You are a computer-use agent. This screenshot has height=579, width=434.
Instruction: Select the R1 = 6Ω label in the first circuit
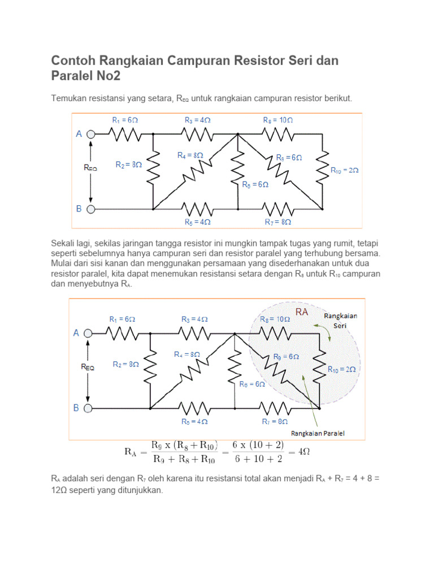coord(125,120)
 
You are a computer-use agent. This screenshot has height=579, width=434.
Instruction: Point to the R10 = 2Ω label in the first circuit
coord(344,170)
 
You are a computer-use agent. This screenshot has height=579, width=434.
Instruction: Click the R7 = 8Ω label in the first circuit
coord(278,222)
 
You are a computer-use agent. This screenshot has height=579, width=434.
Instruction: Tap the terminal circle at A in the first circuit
coord(90,134)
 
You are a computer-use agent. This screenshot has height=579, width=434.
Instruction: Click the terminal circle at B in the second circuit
coord(88,408)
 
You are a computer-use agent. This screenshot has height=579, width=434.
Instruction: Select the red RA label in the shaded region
coord(302,312)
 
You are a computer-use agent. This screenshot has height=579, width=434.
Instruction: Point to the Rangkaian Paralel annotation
coord(318,434)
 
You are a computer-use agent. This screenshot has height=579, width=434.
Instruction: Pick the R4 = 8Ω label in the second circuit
coord(187,354)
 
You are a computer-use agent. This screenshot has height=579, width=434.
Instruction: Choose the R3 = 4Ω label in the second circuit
coord(194,319)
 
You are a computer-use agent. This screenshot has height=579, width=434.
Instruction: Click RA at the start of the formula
coord(131,452)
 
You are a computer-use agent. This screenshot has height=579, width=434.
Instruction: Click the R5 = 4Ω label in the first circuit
coord(197,222)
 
